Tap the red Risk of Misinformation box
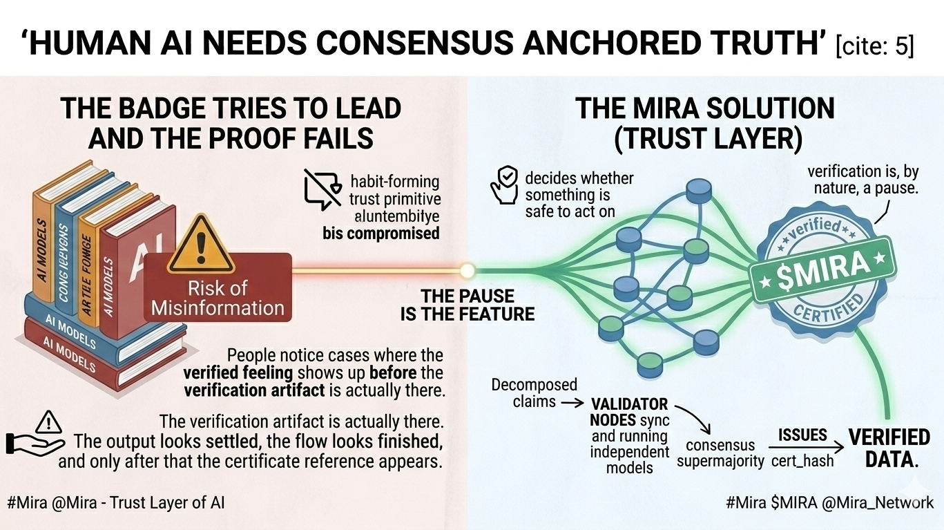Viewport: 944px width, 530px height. point(218,297)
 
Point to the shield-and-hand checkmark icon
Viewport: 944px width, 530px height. point(503,183)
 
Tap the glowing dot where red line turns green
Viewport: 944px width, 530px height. point(468,270)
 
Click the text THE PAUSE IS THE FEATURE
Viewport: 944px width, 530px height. point(468,305)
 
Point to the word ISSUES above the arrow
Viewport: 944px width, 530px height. point(802,435)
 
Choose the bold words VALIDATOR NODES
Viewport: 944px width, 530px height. point(628,411)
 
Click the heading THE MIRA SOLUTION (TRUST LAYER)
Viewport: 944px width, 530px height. point(705,123)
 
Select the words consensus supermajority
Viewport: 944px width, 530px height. point(720,453)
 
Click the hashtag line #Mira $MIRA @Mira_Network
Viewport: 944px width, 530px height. point(829,503)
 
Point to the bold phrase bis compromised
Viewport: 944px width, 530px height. point(381,233)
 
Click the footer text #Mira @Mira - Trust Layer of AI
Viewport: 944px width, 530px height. point(116,503)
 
